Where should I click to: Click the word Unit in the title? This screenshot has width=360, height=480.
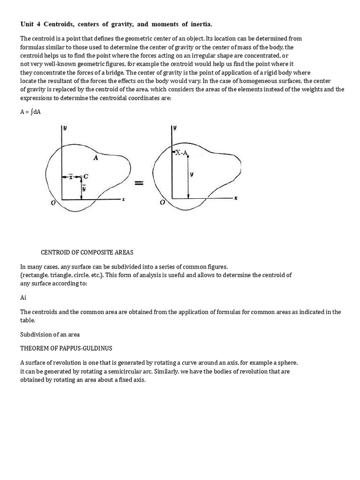(x=28, y=24)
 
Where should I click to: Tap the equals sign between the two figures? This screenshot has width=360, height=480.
(x=139, y=183)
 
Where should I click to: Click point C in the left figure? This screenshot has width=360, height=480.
(x=86, y=177)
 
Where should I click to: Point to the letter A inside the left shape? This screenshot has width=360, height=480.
(x=96, y=158)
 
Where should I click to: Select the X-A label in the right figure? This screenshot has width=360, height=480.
(x=181, y=152)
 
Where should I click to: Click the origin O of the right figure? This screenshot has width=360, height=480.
(x=162, y=202)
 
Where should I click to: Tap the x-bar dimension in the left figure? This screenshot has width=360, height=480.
(x=71, y=176)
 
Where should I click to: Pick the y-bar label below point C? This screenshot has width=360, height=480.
(x=84, y=188)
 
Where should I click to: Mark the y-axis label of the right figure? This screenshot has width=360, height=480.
(x=175, y=127)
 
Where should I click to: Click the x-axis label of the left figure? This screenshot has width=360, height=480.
(x=123, y=200)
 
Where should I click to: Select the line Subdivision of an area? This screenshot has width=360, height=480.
(x=50, y=335)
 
